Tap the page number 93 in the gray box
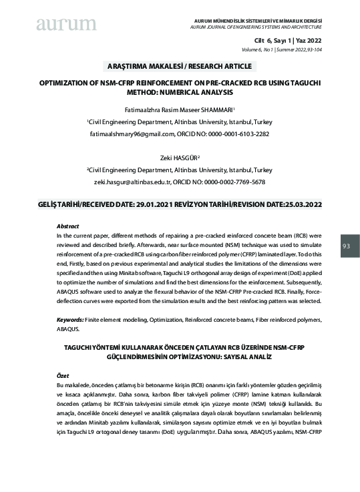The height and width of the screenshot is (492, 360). pyautogui.click(x=346, y=246)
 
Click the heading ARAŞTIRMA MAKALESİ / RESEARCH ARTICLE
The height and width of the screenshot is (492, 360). pyautogui.click(x=180, y=66)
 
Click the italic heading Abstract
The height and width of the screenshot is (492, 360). pyautogui.click(x=68, y=227)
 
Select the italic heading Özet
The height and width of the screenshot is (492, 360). pyautogui.click(x=63, y=376)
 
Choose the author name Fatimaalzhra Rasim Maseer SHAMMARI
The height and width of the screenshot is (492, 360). pyautogui.click(x=178, y=110)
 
